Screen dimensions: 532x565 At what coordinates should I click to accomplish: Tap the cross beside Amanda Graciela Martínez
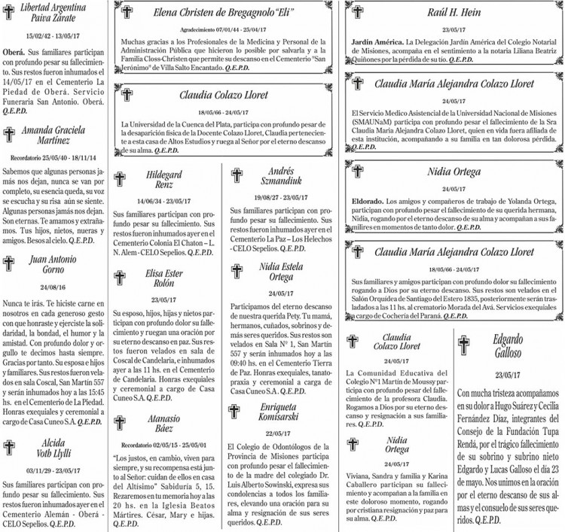coord(10,135)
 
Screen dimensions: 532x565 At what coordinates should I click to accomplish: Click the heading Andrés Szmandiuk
coord(280,175)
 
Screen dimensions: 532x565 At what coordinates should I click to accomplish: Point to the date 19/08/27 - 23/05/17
coord(279,196)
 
